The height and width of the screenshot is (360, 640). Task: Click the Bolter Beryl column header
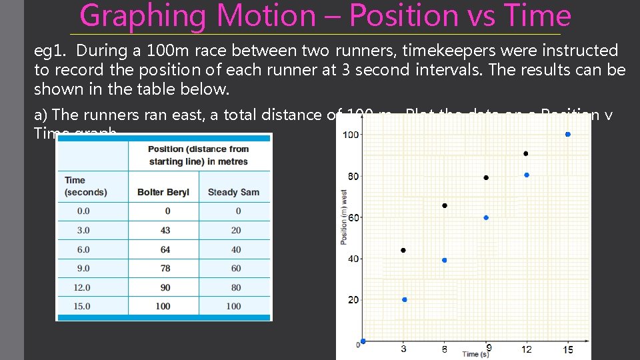(163, 192)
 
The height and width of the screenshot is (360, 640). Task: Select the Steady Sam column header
(233, 192)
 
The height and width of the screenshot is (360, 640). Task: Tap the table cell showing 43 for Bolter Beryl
(165, 230)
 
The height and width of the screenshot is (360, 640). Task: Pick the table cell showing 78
(165, 268)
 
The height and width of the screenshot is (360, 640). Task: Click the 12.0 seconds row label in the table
(84, 287)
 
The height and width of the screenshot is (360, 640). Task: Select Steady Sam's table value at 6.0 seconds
(236, 249)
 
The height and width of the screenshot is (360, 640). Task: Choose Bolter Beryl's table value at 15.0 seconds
(163, 306)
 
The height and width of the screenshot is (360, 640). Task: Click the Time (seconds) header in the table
(85, 186)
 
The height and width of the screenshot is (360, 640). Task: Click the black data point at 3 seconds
(403, 251)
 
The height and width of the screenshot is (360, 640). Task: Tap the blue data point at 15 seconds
(567, 134)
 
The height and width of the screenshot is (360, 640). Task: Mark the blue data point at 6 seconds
(445, 260)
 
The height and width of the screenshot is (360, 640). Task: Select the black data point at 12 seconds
(526, 154)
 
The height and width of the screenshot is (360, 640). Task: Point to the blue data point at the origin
(363, 341)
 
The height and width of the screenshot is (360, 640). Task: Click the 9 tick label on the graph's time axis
(489, 348)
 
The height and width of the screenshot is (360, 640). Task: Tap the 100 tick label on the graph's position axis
(351, 135)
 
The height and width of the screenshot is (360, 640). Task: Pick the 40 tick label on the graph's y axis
(353, 259)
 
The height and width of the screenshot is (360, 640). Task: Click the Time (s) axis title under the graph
(475, 354)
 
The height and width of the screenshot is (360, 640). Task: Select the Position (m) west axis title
(344, 217)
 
